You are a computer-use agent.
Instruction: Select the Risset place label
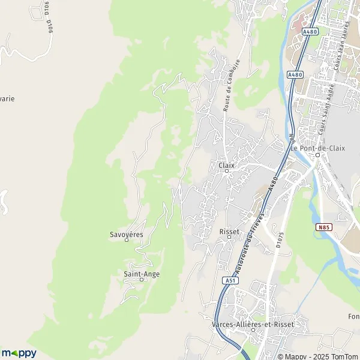coord(229,232)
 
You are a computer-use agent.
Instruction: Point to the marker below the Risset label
coord(229,239)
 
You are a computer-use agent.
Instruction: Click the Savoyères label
coord(127,234)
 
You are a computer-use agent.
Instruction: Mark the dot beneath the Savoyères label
coord(127,241)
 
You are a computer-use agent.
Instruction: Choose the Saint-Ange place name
coord(142,274)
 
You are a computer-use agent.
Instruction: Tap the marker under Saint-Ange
coord(142,280)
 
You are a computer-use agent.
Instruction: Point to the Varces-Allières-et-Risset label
coord(253,324)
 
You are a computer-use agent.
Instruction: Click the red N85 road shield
coord(324,227)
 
